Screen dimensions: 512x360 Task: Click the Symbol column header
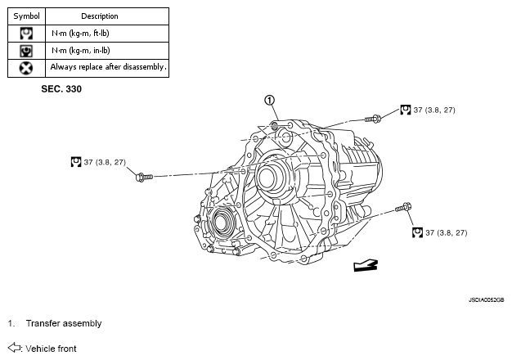[x=26, y=16]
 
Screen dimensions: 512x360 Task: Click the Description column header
[x=100, y=16]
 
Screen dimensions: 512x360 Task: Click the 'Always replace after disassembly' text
[x=108, y=67]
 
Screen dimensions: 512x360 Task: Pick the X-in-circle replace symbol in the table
[x=26, y=68]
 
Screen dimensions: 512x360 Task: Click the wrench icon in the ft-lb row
[x=26, y=34]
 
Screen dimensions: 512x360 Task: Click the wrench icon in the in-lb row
[x=26, y=51]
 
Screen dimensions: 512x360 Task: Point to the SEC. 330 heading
[x=61, y=89]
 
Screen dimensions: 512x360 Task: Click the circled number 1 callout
[x=269, y=101]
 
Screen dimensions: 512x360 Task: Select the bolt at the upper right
[x=373, y=119]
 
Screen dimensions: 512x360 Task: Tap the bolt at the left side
[x=144, y=177]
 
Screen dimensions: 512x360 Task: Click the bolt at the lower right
[x=403, y=207]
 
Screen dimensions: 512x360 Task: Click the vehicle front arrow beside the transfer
[x=366, y=266]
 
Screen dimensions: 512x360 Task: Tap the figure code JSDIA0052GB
[x=486, y=299]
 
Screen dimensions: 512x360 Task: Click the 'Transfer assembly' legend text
[x=64, y=323]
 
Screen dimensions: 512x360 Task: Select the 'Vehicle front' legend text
[x=51, y=349]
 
